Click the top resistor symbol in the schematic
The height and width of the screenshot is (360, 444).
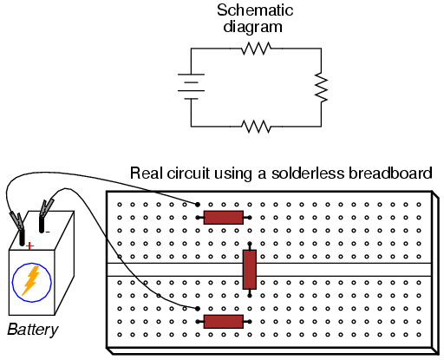coord(256,49)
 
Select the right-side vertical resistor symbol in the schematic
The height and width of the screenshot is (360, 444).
coord(321,88)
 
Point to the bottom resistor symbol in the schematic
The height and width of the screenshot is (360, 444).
coord(256,127)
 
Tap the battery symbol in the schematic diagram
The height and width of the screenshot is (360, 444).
coord(191,87)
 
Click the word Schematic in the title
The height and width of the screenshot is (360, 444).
coord(255,10)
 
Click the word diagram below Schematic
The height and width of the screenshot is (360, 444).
coord(252,27)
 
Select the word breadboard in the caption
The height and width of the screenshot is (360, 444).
coord(390,173)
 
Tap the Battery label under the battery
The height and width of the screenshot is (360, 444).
coord(33,330)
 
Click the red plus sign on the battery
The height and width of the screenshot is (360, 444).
coord(29,246)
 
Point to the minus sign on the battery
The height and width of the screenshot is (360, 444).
coord(48,232)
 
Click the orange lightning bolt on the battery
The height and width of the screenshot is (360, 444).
coord(31,281)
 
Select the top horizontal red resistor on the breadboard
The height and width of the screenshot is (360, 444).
coord(224,218)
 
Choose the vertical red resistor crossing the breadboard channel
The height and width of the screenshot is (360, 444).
coord(250,270)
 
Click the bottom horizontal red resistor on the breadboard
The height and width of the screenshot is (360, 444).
coord(224,322)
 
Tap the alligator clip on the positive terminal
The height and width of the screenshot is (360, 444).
coord(17,221)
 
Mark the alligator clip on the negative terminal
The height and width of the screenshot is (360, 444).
coord(46,208)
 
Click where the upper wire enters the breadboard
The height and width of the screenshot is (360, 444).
coord(198,205)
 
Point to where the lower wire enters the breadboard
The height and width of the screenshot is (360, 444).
coord(198,309)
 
